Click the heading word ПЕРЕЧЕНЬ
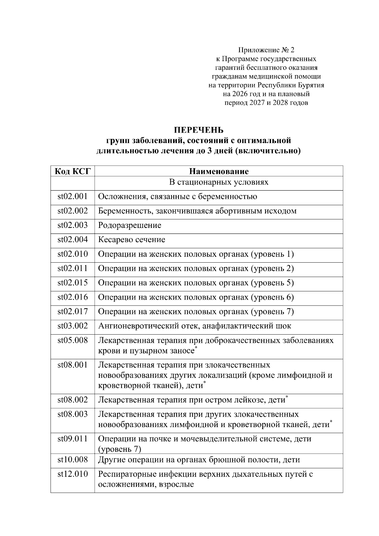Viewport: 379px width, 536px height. [x=199, y=130]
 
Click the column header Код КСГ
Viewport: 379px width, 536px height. [x=73, y=171]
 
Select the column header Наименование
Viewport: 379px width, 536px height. [x=219, y=171]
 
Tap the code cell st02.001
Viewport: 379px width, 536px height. [x=73, y=196]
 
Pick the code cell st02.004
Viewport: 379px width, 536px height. [x=73, y=240]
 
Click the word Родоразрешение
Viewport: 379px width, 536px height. [x=129, y=225]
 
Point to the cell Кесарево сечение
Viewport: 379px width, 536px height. [x=131, y=240]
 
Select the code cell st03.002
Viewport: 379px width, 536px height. [x=73, y=326]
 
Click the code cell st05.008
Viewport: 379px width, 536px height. [x=73, y=340]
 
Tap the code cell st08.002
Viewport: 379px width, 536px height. [x=73, y=400]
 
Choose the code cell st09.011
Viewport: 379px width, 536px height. [x=73, y=439]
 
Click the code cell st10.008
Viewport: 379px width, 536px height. [x=73, y=460]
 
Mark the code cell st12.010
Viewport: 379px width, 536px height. [x=73, y=474]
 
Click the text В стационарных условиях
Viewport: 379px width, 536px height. [x=219, y=182]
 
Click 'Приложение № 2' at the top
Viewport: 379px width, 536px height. [x=266, y=50]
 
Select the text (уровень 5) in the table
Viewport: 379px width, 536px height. [x=272, y=283]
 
